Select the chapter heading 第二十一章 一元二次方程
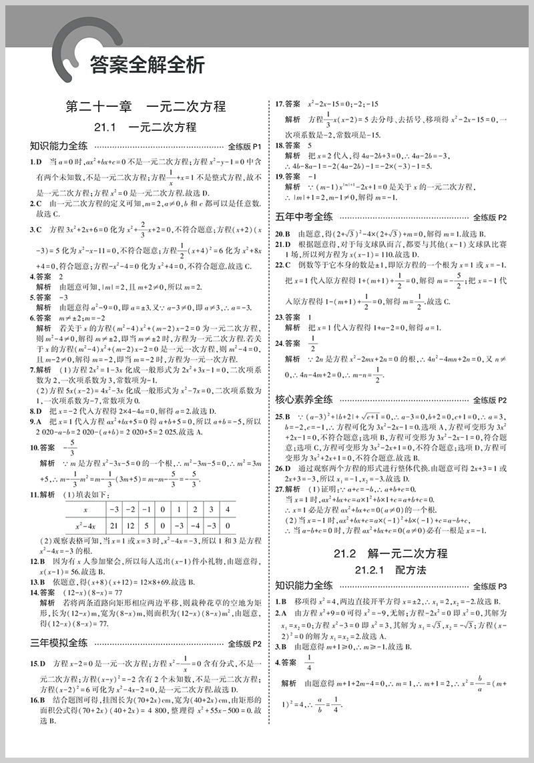146,107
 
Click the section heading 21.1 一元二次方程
146,128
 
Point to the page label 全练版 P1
246,146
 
